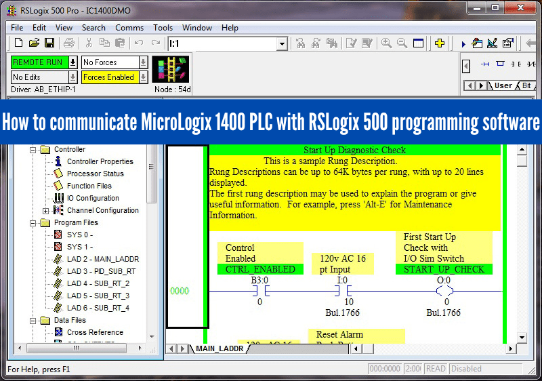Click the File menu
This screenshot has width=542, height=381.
(x=17, y=28)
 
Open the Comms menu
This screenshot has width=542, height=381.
(x=129, y=28)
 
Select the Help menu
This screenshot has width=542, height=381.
(x=230, y=28)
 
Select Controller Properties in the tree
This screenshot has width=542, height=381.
(x=100, y=161)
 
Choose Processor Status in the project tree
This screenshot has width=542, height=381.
(x=95, y=174)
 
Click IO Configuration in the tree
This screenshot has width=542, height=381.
(x=93, y=198)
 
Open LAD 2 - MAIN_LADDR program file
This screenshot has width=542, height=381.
(x=102, y=259)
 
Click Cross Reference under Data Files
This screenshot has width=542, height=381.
(x=95, y=332)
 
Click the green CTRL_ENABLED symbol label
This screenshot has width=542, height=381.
(x=260, y=269)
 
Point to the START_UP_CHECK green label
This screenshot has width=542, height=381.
(x=443, y=269)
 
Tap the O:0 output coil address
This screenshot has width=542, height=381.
(x=444, y=279)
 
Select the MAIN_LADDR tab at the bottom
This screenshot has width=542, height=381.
(x=220, y=348)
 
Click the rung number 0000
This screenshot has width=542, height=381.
(x=180, y=291)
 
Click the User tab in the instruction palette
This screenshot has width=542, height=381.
(x=503, y=85)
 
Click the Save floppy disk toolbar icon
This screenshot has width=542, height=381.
(x=49, y=43)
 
